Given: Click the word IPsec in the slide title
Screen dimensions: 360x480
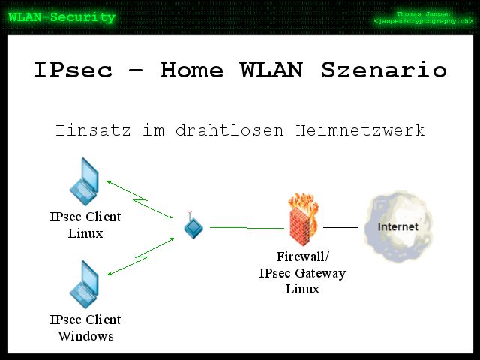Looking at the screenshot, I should pos(73,70).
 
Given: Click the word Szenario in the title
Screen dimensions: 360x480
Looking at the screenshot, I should pos(384,70).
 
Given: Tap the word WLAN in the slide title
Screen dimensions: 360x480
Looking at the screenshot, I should pos(273,70).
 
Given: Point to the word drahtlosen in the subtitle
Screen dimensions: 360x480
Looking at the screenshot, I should pos(229,130).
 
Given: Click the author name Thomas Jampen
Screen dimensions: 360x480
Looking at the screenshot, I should pos(424,14).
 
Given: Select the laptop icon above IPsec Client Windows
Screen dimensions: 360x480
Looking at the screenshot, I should pos(84,284).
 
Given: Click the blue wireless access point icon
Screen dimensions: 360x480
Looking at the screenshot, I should pos(193,226).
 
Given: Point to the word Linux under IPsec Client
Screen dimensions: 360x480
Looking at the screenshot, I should pos(85,233).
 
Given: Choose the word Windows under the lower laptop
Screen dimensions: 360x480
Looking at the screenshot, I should pos(85,335).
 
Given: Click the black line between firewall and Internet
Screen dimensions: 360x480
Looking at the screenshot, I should pos(340,226).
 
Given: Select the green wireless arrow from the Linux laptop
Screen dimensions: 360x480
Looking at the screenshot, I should pos(142,199).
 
